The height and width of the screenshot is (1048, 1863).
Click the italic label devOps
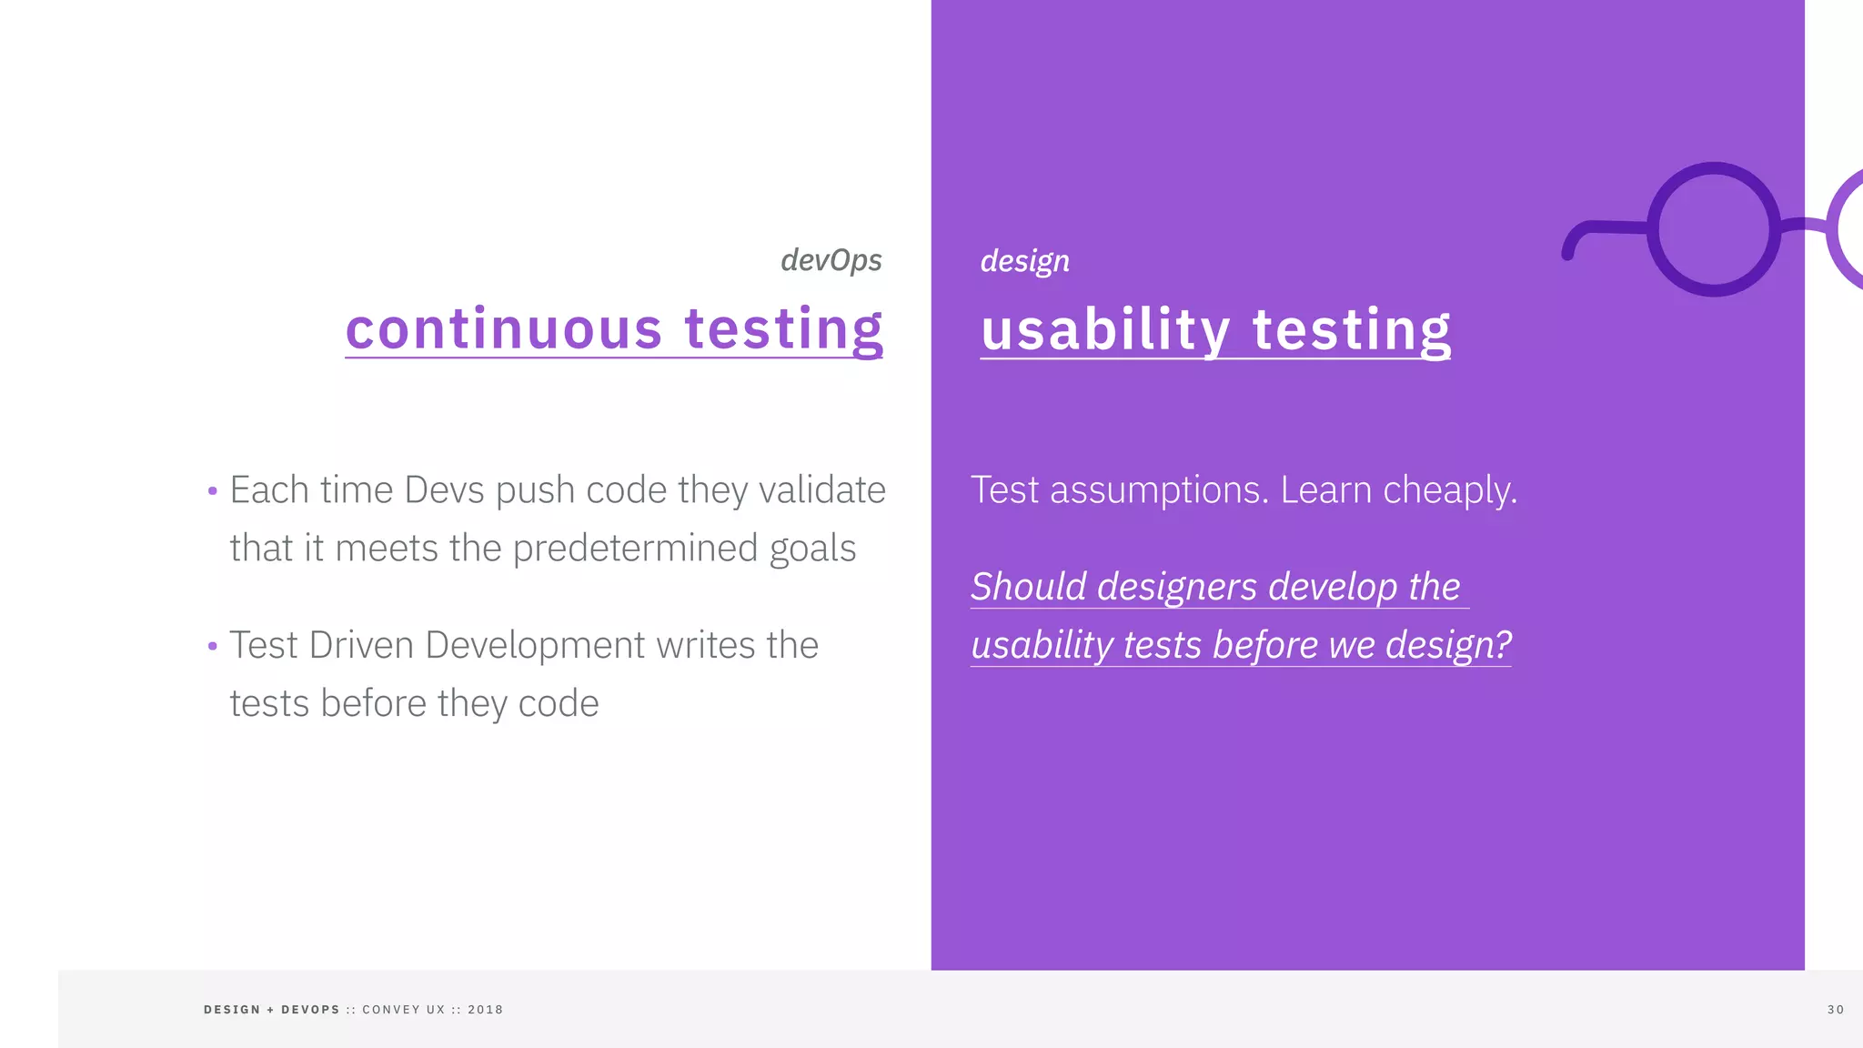(x=831, y=260)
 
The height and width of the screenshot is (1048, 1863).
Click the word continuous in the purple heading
(x=504, y=328)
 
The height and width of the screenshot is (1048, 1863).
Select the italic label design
(x=1024, y=261)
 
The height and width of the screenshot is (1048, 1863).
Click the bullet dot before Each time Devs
(x=212, y=491)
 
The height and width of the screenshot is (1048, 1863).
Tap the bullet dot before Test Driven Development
(x=212, y=647)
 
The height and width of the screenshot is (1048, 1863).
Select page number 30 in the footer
(x=1835, y=1010)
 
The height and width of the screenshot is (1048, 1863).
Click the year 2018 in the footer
(x=485, y=1010)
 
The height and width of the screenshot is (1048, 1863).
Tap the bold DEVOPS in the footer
(x=310, y=1010)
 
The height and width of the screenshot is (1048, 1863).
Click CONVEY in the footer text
(x=391, y=1010)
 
